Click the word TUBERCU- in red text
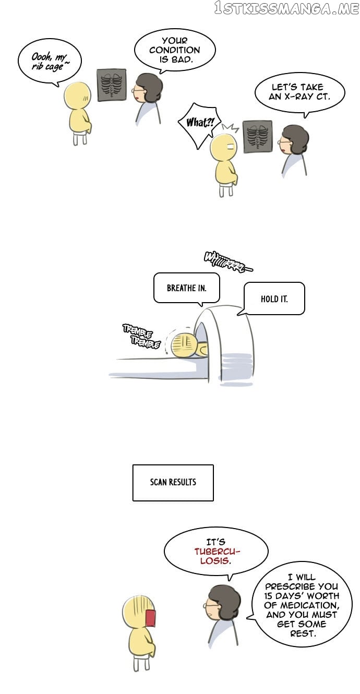217,552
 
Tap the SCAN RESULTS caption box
173,482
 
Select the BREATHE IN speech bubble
186,289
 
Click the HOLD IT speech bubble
274,298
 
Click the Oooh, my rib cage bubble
49,62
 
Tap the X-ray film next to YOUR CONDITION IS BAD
112,85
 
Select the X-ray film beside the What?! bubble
258,137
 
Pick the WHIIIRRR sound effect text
227,262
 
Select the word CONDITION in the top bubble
174,50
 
